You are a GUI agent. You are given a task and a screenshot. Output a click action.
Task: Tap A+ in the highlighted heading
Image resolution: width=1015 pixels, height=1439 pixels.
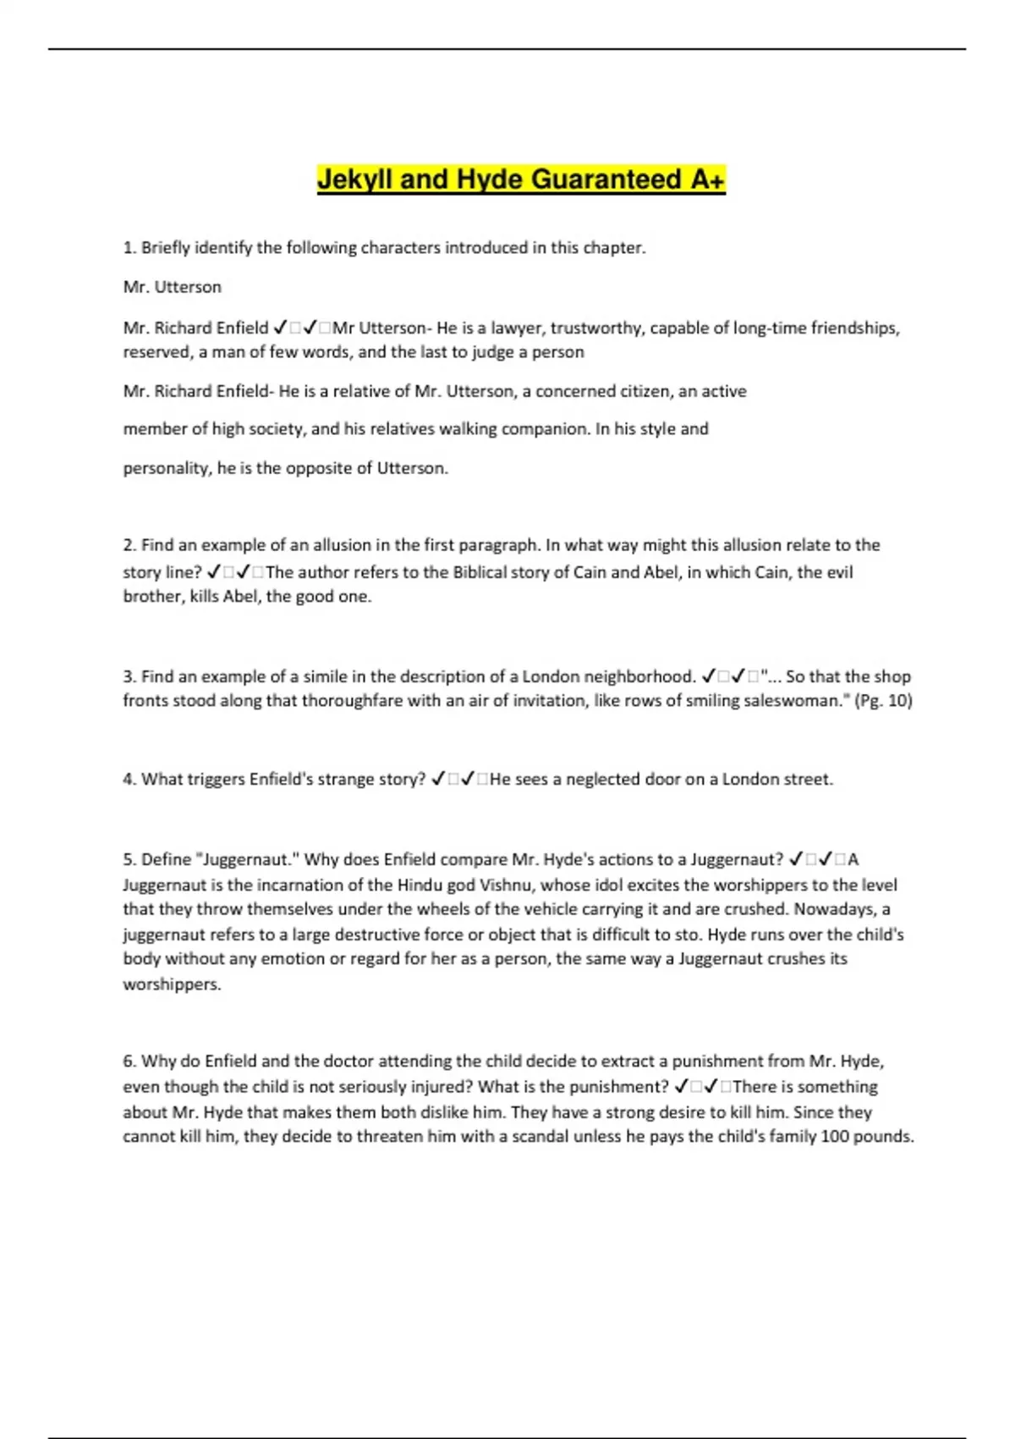(x=707, y=179)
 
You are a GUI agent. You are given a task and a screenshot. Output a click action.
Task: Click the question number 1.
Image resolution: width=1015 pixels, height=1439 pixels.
(x=129, y=248)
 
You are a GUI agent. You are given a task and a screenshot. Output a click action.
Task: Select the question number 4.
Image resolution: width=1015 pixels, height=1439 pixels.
(x=129, y=780)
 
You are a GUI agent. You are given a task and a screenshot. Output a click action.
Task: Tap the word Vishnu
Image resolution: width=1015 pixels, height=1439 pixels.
(x=507, y=885)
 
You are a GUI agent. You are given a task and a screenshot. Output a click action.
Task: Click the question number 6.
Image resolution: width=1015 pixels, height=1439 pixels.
(x=129, y=1061)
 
